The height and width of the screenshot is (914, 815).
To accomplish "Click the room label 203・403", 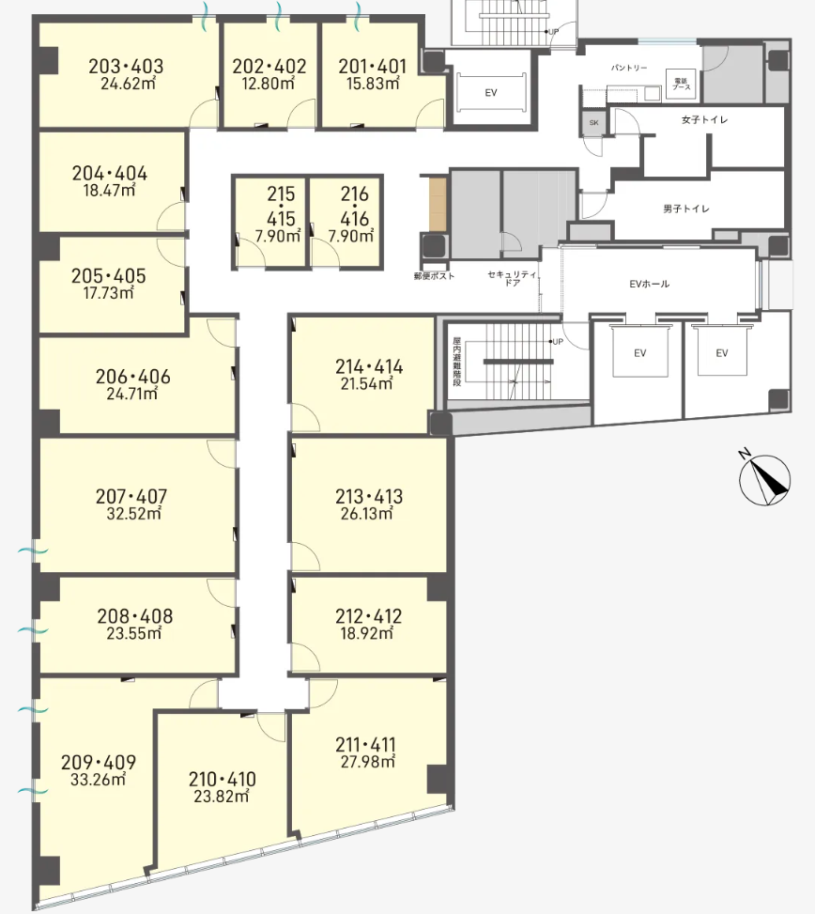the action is click(126, 67).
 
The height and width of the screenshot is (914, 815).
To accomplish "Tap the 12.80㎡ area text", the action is click(268, 84).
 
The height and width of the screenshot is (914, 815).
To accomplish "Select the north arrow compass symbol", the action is click(763, 478).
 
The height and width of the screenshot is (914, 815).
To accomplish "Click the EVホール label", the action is click(649, 284).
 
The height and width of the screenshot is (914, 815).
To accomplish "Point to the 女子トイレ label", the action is click(704, 119).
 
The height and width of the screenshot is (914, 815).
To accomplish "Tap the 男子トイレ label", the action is click(686, 209).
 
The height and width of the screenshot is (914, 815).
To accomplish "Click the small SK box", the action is click(593, 123).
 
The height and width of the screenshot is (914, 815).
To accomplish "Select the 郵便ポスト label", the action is click(434, 276).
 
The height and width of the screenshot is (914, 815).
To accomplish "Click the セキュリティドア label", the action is click(512, 278).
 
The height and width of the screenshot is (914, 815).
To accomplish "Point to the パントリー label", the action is click(629, 69).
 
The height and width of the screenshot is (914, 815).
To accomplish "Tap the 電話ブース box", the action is click(681, 84).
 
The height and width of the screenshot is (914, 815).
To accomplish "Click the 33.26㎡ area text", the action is click(98, 780).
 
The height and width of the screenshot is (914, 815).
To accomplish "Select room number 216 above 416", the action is click(354, 194).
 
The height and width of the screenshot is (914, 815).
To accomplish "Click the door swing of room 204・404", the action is click(171, 216).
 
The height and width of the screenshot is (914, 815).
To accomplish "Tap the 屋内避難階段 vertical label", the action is click(457, 362).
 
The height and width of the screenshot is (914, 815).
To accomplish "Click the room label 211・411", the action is click(365, 744).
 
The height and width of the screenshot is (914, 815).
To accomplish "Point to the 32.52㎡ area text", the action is click(133, 514).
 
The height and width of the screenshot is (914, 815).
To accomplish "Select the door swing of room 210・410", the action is click(271, 727).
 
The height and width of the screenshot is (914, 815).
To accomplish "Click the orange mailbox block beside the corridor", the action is click(438, 204).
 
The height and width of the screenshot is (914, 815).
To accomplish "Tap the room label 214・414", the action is click(369, 366).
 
